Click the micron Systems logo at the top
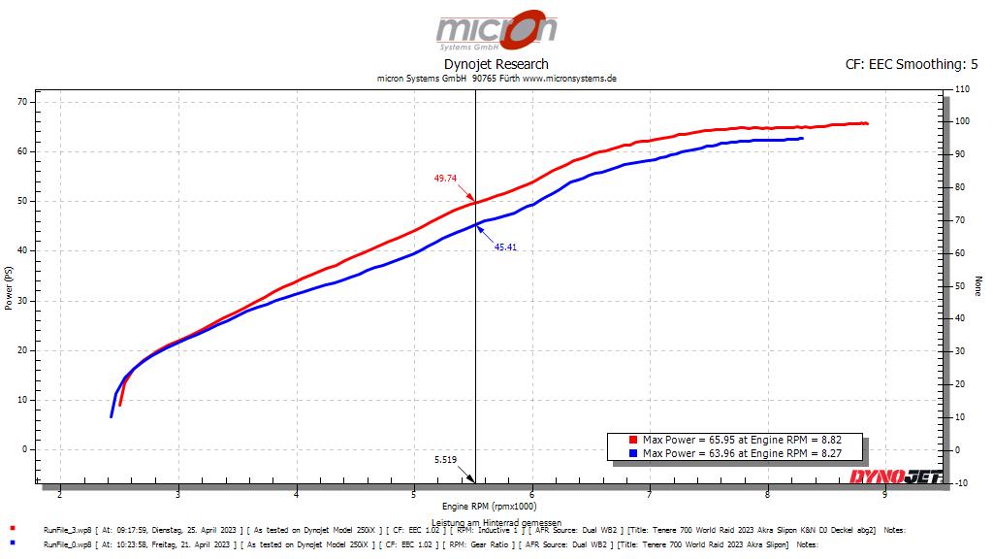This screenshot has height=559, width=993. pos(496,30)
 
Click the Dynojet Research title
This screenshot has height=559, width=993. pos(496,65)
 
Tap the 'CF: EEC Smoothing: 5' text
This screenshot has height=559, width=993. pos(912,65)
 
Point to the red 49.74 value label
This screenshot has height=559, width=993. pos(445,179)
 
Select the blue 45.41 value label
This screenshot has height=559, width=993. pos(505,247)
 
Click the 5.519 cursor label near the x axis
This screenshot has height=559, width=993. pos(445,459)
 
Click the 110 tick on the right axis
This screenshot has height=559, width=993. pos(962,88)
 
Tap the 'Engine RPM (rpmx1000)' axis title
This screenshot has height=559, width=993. pos(488,507)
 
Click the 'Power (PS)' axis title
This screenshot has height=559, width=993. pos(9,289)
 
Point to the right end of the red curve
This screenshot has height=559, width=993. pos(866,123)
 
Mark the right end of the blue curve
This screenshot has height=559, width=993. pos(802,139)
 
